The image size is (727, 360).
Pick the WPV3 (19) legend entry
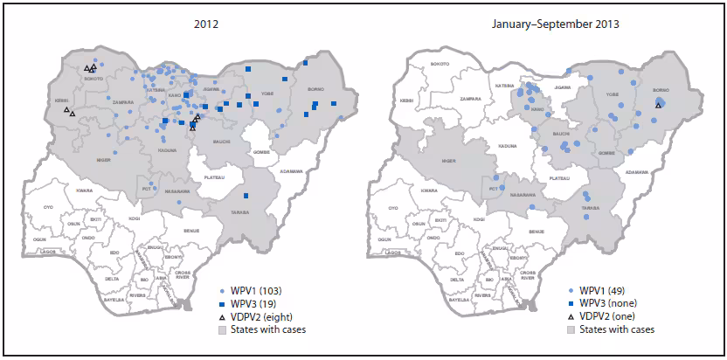(251, 301)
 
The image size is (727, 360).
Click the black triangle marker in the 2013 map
(658, 105)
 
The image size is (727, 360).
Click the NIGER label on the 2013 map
(450, 161)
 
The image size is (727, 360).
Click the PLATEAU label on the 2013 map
(560, 177)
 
